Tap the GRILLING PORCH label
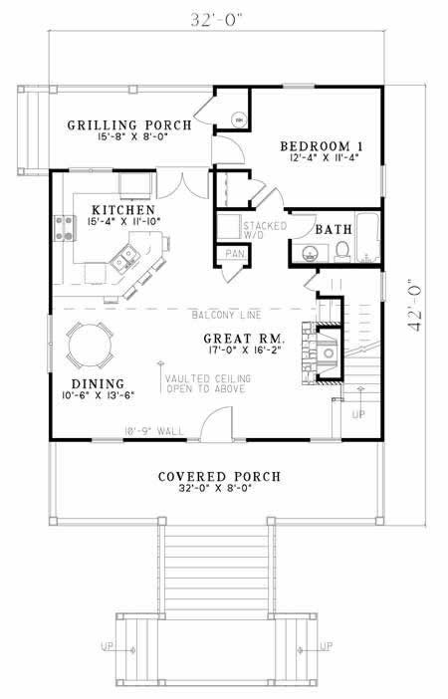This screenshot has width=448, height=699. coord(130,125)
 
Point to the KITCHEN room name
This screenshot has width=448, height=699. coord(122,210)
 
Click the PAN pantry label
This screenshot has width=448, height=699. coord(235,254)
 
